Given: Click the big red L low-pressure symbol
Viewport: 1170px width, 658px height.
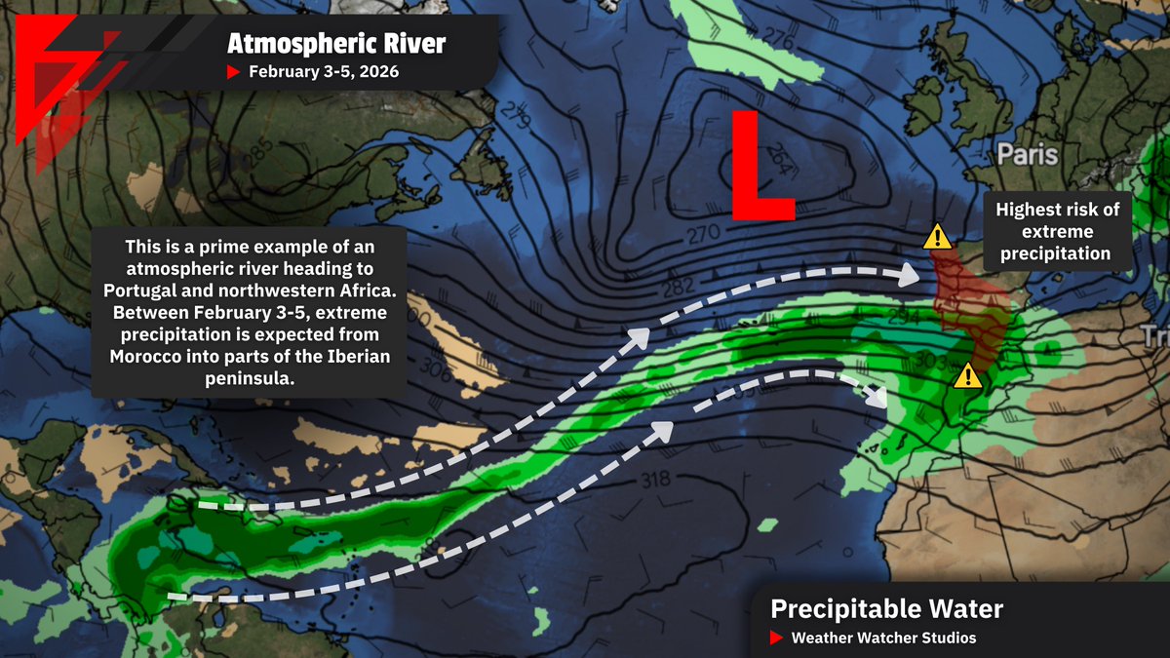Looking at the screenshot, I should pos(762,166).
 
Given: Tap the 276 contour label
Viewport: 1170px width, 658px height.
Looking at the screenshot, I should pos(777,39).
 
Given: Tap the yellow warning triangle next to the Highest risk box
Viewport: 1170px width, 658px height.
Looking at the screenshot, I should pos(938,235).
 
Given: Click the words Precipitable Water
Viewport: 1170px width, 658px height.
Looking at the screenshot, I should pos(886,609).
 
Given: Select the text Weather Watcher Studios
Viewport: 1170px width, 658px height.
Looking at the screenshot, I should pos(883,638).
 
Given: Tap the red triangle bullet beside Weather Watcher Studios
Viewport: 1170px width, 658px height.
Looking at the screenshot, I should pos(776,639).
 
